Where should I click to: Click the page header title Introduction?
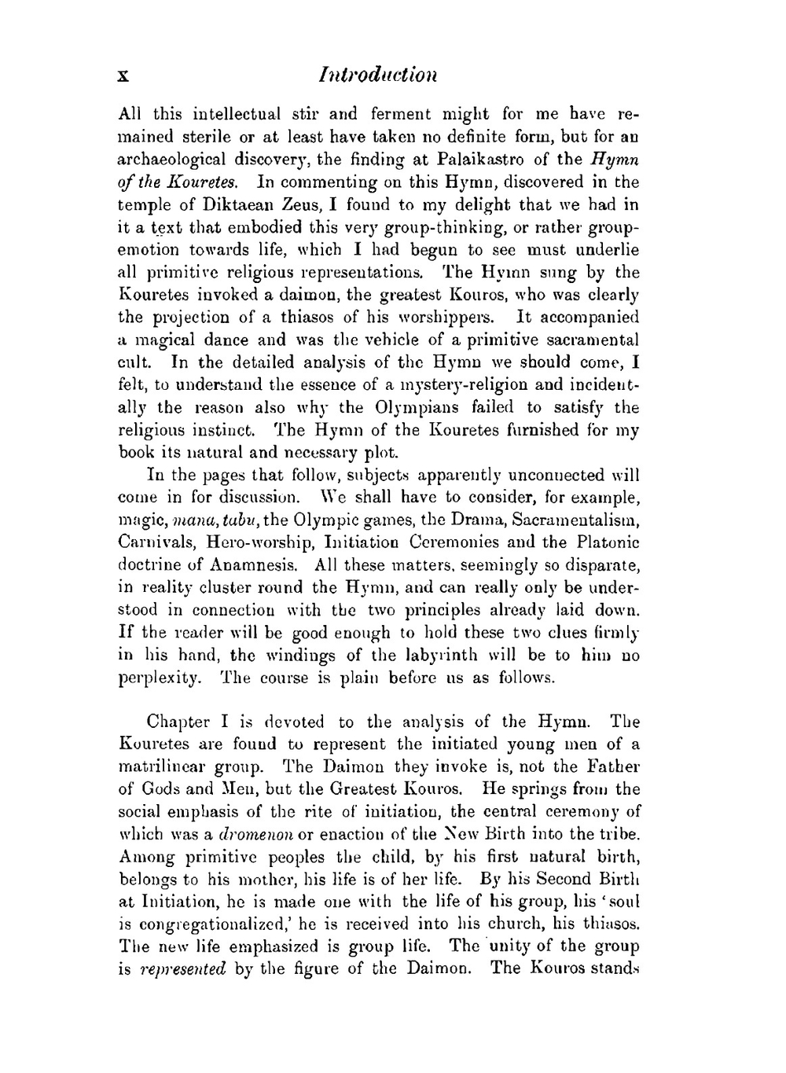378,75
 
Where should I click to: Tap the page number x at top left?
123,76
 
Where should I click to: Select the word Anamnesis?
248,565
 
